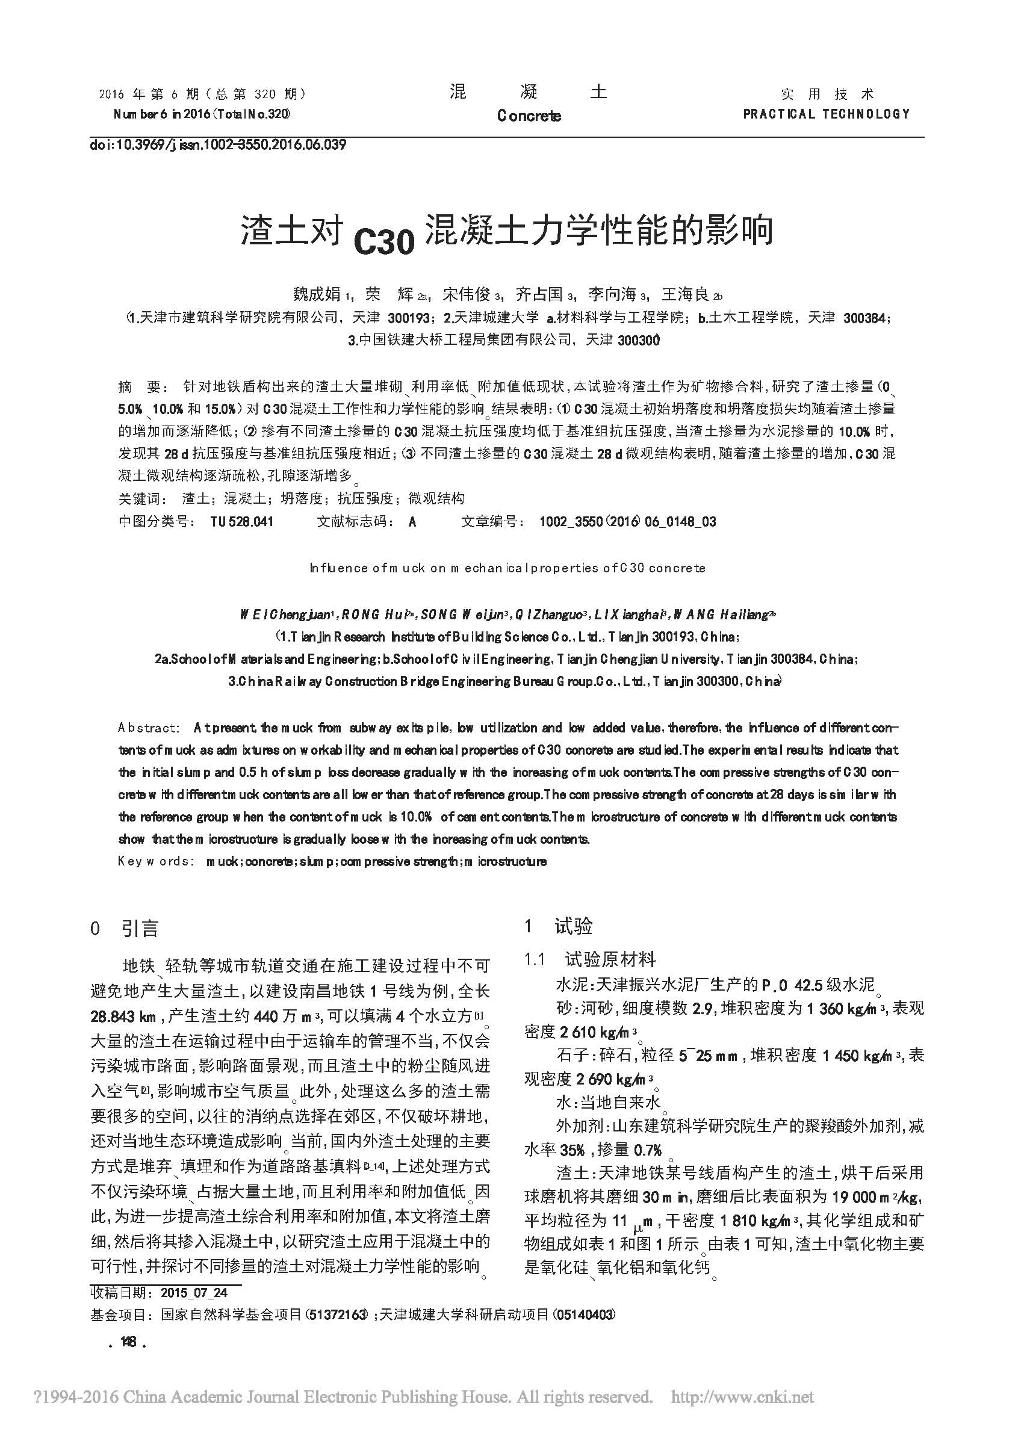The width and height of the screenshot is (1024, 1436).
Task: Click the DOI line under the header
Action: (217, 146)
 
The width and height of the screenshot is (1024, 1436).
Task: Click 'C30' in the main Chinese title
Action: (383, 241)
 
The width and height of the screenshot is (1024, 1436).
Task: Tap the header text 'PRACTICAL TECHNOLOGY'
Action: (826, 114)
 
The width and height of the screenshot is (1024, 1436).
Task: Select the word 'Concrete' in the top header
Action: (529, 116)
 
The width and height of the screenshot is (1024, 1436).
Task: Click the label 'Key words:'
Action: (154, 861)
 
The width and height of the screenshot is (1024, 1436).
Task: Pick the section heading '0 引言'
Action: (124, 928)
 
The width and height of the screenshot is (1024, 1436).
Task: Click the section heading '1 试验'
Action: (558, 926)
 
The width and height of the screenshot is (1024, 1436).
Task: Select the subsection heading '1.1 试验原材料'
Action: (590, 959)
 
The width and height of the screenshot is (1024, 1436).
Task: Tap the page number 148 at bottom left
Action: (129, 1343)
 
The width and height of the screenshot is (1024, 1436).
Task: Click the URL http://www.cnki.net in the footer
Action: (742, 1397)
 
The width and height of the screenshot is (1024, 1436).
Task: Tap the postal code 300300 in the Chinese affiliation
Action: (639, 341)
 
